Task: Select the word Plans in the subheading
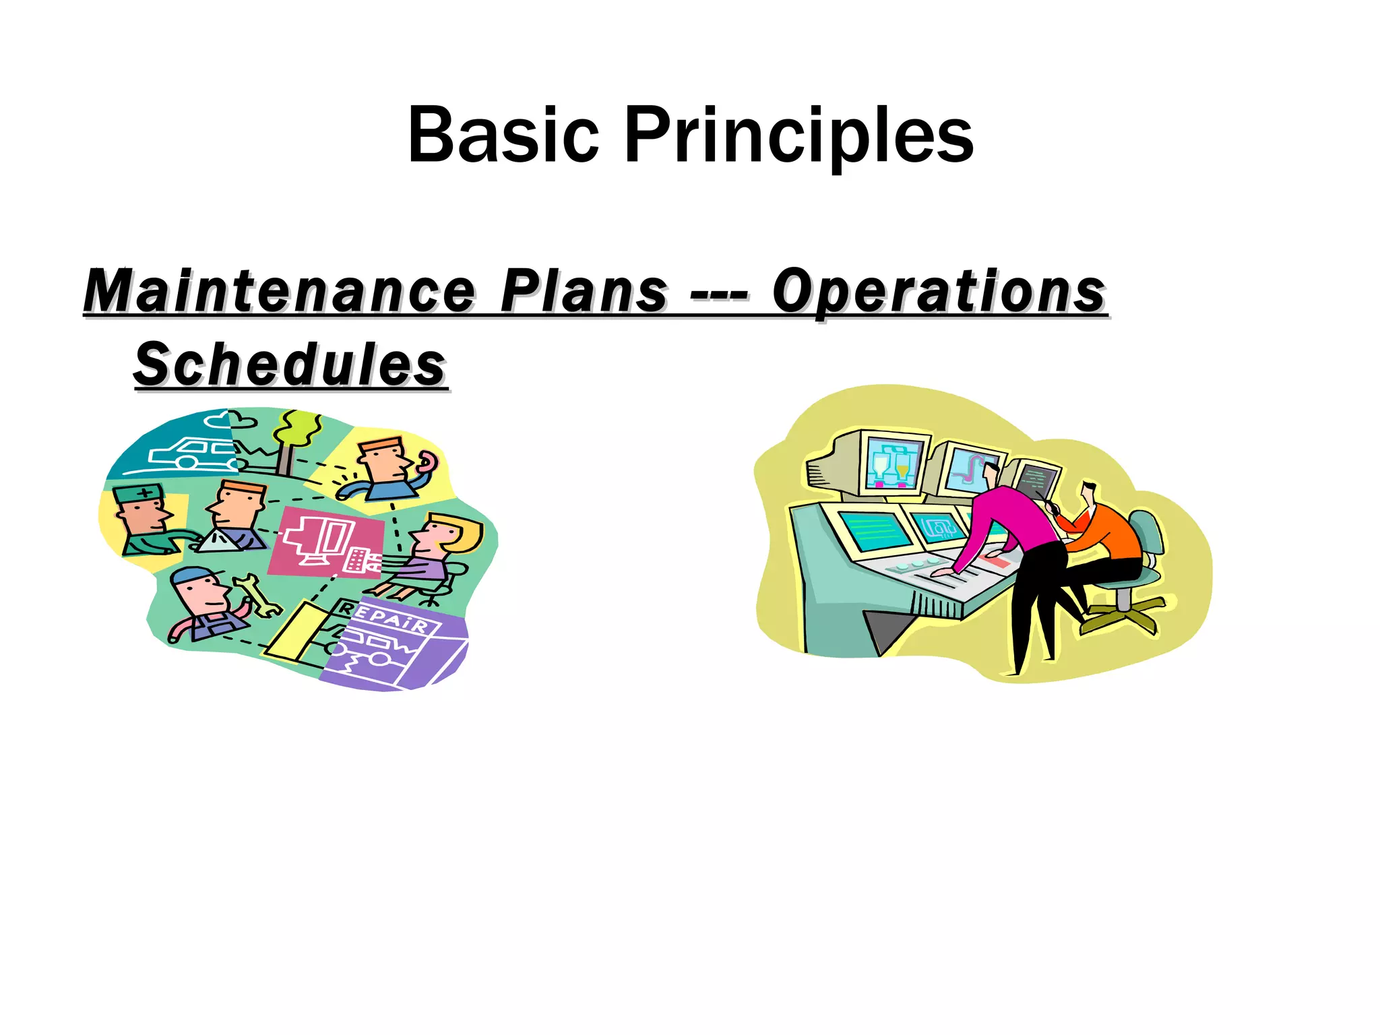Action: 584,291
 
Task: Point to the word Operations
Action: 938,291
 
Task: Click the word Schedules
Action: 290,365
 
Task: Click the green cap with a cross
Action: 139,493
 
